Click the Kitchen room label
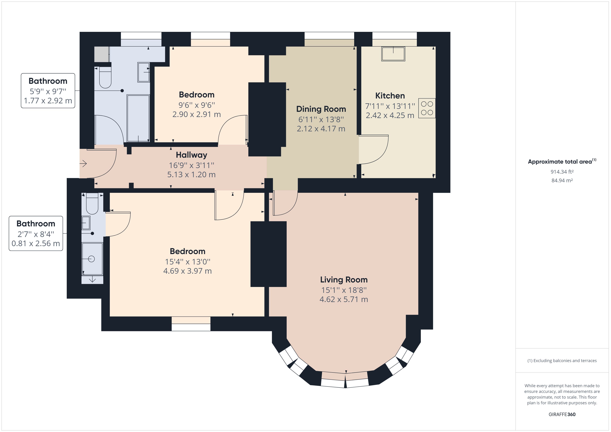pyautogui.click(x=390, y=96)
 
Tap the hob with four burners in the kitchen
pyautogui.click(x=427, y=108)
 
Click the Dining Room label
pyautogui.click(x=321, y=109)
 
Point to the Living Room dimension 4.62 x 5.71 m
pyautogui.click(x=344, y=300)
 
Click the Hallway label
pyautogui.click(x=191, y=155)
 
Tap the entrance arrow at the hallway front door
pyautogui.click(x=83, y=163)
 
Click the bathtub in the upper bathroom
pyautogui.click(x=138, y=118)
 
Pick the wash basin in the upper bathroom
pyautogui.click(x=143, y=72)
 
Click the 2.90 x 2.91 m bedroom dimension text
pyautogui.click(x=196, y=114)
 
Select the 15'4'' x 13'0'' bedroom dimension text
pyautogui.click(x=187, y=262)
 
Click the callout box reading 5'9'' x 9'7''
pyautogui.click(x=48, y=91)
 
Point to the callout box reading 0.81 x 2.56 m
pyautogui.click(x=36, y=233)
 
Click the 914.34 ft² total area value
pyautogui.click(x=562, y=172)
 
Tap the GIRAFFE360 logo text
pyautogui.click(x=562, y=415)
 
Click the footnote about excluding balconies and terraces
pyautogui.click(x=562, y=361)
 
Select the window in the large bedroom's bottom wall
pyautogui.click(x=191, y=324)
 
